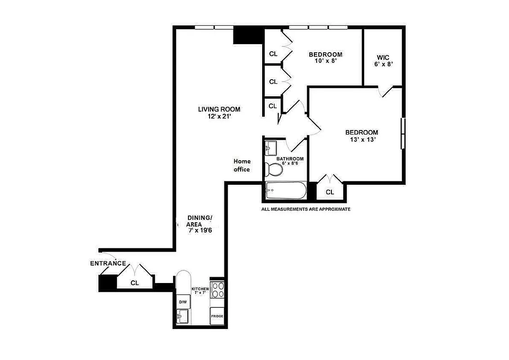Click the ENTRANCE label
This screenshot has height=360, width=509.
108,263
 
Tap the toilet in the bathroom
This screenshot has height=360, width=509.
274,170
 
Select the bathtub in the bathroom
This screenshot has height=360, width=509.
286,190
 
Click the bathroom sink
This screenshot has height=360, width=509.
271,148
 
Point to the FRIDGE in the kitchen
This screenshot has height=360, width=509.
217,316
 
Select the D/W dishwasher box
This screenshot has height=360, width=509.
183,301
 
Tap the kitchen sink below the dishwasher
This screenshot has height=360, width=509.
183,317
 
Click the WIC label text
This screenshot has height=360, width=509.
383,58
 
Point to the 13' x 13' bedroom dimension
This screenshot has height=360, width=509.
362,139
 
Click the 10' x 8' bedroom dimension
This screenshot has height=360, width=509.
326,61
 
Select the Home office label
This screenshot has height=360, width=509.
242,165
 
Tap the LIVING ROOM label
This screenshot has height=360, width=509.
219,109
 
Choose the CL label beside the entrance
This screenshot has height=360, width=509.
134,283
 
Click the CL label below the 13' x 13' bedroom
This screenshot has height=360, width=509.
330,192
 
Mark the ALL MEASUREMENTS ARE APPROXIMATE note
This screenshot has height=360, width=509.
306,209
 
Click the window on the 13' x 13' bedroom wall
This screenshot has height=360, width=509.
403,133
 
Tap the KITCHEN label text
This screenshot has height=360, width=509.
200,289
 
